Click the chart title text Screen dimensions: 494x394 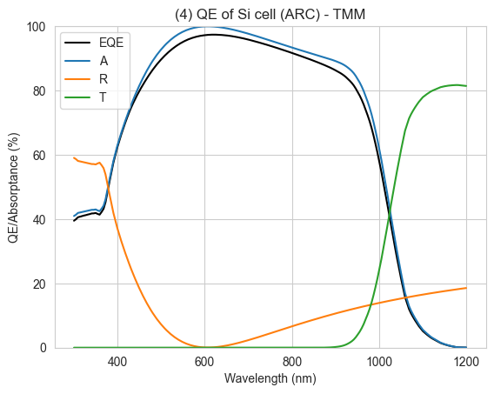coord(270,15)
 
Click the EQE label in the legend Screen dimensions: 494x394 coord(111,43)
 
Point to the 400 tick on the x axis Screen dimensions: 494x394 coord(117,362)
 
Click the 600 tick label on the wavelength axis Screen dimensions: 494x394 coord(204,362)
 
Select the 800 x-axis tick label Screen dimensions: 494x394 coord(292,362)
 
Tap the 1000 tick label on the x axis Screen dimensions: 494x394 coord(379,362)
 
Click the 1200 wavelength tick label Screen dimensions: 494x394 coord(466,362)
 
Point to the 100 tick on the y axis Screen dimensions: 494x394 coord(36,27)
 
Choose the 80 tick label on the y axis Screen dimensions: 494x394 coord(39,91)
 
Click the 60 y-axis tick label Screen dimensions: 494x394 coord(39,156)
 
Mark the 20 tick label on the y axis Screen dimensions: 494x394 coord(39,284)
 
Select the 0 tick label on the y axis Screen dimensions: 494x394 coord(43,348)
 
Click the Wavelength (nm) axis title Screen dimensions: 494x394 coord(270,378)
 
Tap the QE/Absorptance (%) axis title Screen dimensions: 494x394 coord(14,188)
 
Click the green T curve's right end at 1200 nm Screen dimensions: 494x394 coord(466,86)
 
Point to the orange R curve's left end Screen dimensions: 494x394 coord(74,157)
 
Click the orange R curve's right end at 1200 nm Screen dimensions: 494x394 coord(466,288)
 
